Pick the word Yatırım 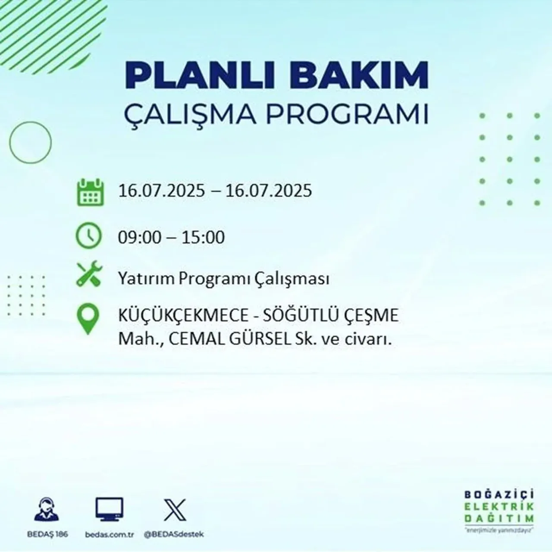click(x=146, y=279)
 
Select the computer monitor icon click(x=109, y=510)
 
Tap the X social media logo click(x=175, y=510)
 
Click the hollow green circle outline click(x=30, y=142)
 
